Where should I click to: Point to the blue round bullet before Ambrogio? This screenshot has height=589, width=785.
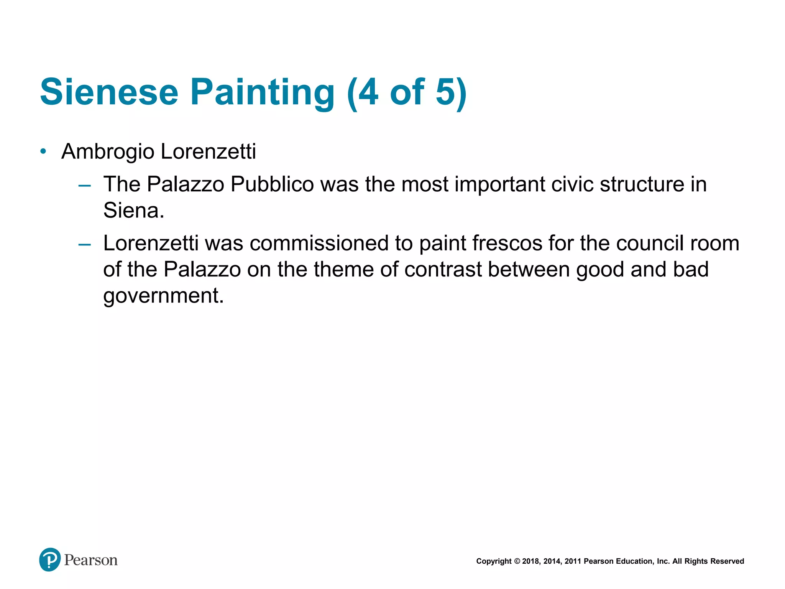tap(43, 151)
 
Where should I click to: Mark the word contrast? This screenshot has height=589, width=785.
tap(443, 269)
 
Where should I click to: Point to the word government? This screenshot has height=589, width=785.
tap(163, 296)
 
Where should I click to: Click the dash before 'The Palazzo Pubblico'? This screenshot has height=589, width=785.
tap(84, 186)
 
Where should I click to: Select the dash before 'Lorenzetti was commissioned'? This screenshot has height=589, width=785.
tap(84, 244)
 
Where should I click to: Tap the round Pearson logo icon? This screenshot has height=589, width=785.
tap(50, 559)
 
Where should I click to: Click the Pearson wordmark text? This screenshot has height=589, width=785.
tap(91, 560)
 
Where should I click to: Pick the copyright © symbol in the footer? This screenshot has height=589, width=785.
tap(517, 561)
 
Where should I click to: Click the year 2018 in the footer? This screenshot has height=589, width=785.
tap(530, 561)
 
